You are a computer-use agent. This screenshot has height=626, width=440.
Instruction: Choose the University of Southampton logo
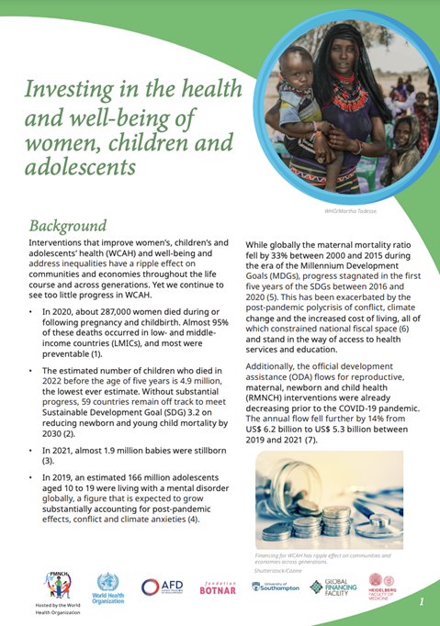coord(274,588)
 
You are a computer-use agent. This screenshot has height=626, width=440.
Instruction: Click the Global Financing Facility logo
coord(331,587)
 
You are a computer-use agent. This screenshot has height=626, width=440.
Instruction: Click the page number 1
coord(421,602)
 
